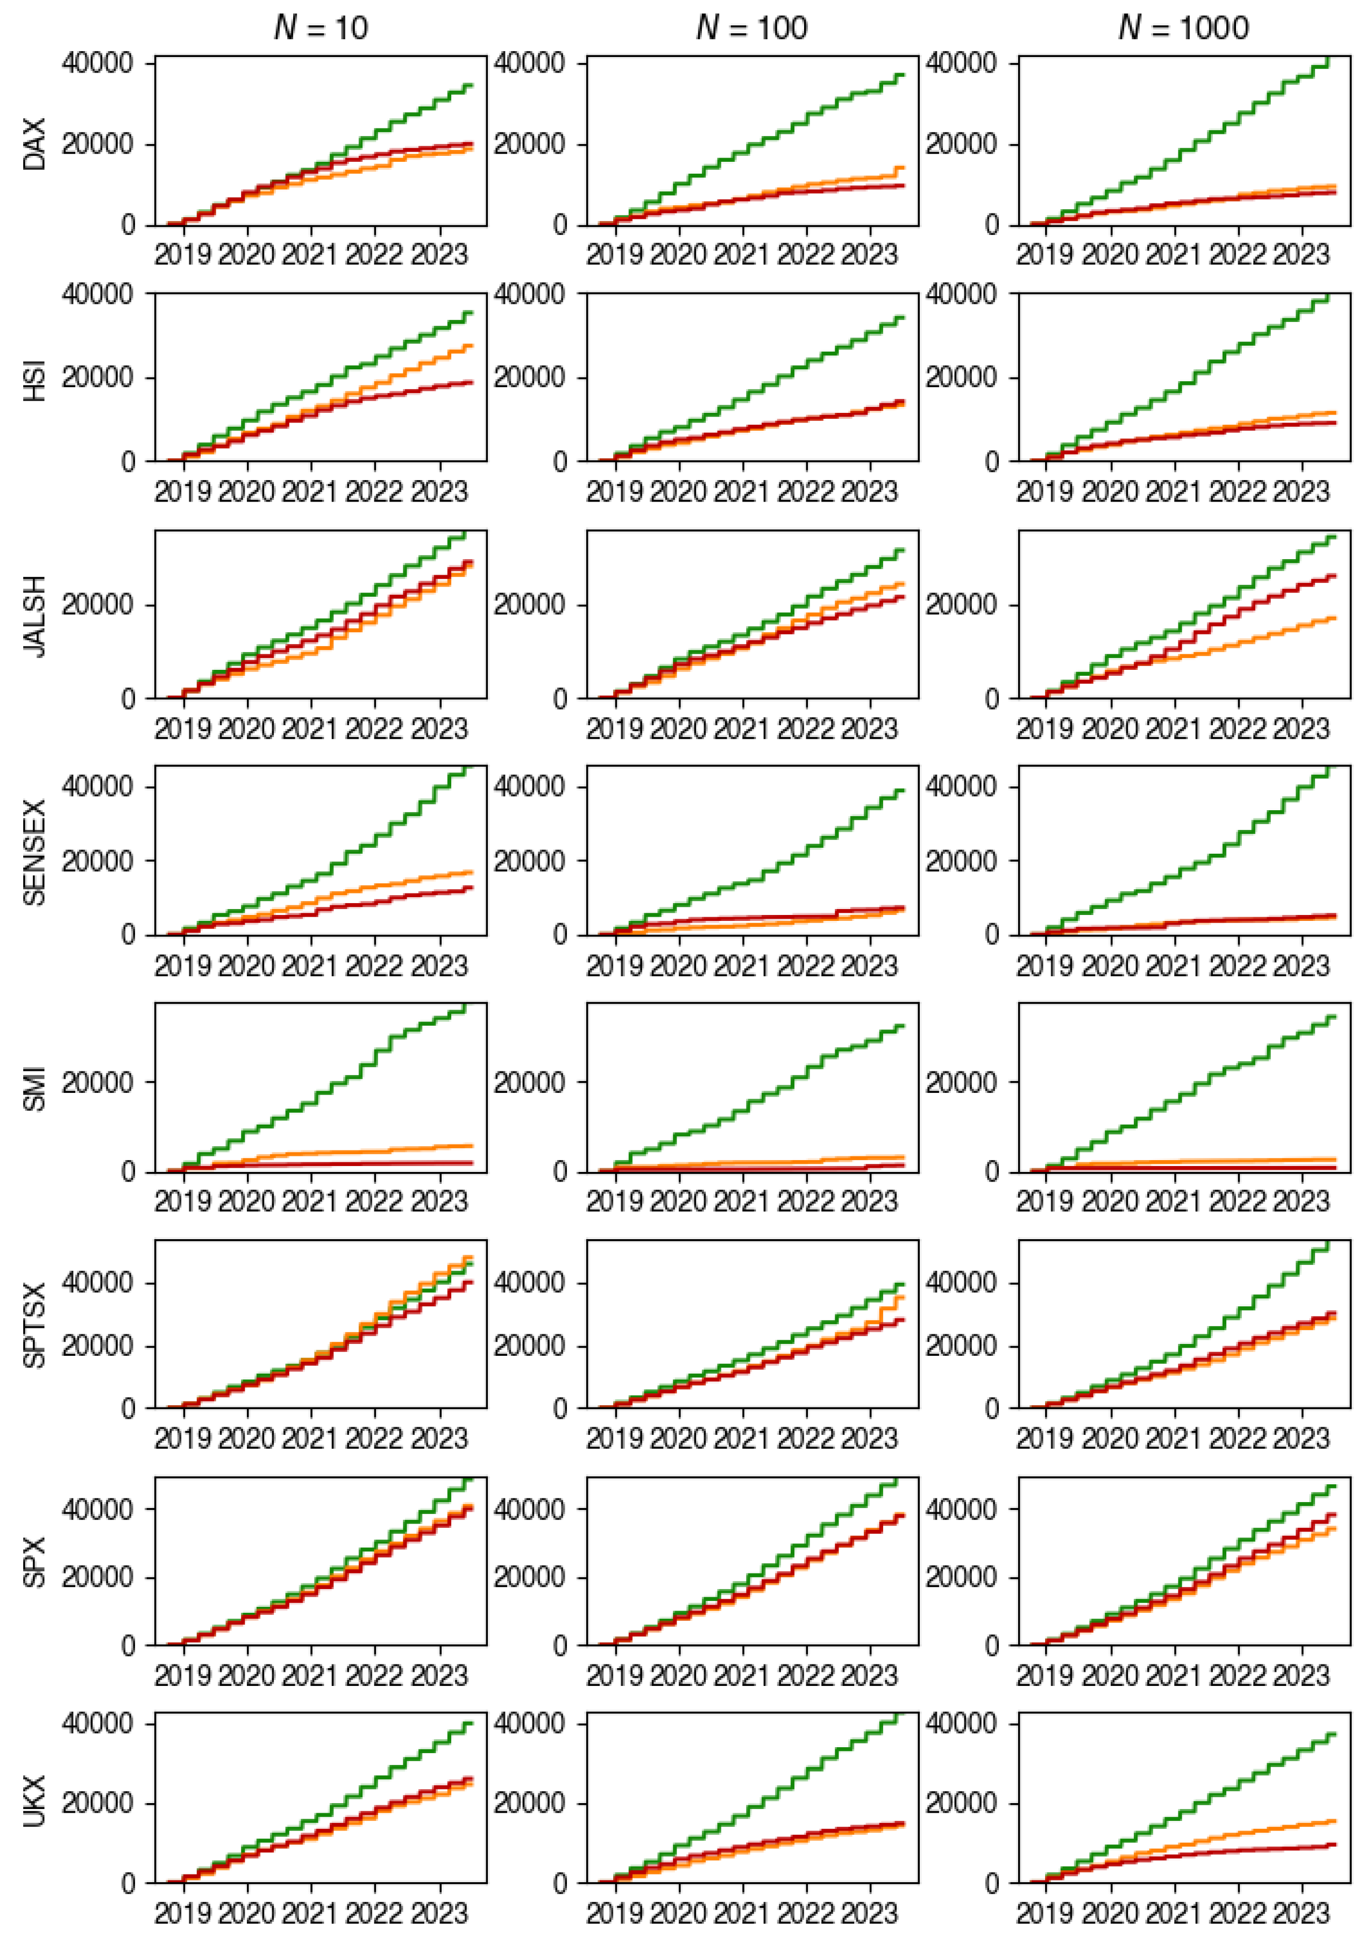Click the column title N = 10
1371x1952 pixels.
[x=321, y=28]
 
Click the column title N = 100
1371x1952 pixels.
[x=752, y=28]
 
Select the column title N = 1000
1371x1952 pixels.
[x=1183, y=28]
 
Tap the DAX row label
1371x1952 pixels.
[x=34, y=145]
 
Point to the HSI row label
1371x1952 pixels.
[x=34, y=379]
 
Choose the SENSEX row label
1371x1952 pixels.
[x=34, y=852]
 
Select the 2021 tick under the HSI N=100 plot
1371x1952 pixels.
[x=742, y=492]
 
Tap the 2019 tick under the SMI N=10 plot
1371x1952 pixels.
[x=183, y=1202]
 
